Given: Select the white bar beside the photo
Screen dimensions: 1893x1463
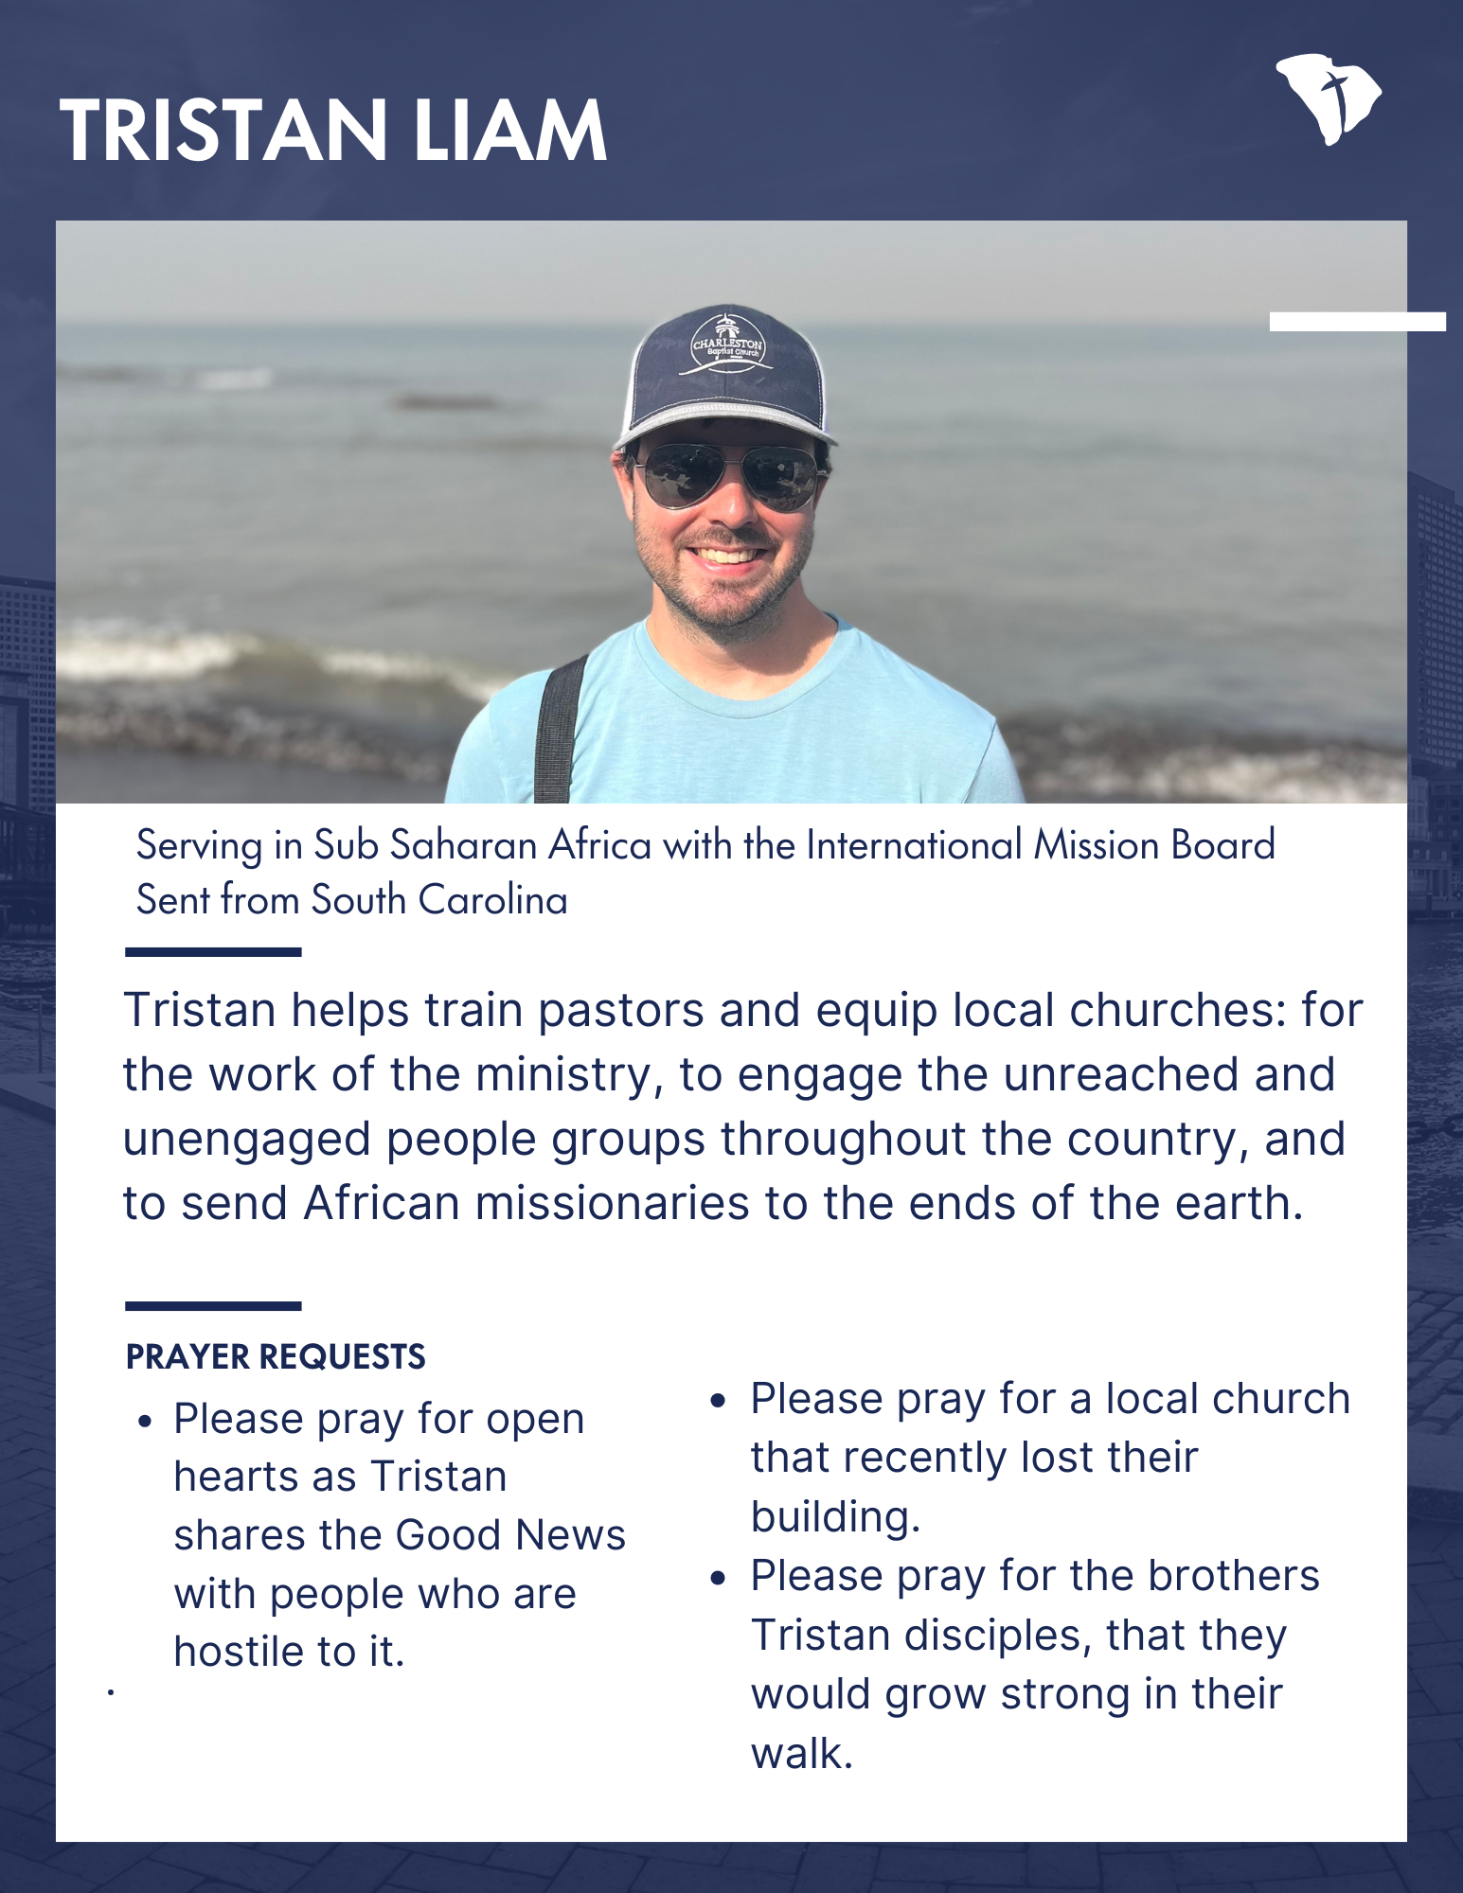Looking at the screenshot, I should point(1357,322).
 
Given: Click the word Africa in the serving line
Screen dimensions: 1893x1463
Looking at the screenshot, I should point(599,845).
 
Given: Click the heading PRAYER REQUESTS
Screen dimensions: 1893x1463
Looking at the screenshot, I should point(276,1357).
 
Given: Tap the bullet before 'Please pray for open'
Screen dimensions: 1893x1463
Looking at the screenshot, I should point(145,1422).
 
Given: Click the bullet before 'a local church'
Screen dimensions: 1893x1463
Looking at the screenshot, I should point(721,1401).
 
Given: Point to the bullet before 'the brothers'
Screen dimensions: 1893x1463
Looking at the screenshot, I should point(721,1578).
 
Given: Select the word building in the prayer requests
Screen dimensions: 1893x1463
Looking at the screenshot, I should point(834,1517).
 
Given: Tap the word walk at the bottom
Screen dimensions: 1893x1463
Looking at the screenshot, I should point(801,1754).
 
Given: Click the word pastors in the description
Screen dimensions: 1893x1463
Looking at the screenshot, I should point(620,1011).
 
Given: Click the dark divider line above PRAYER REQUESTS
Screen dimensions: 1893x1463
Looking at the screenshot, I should point(213,1306).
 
